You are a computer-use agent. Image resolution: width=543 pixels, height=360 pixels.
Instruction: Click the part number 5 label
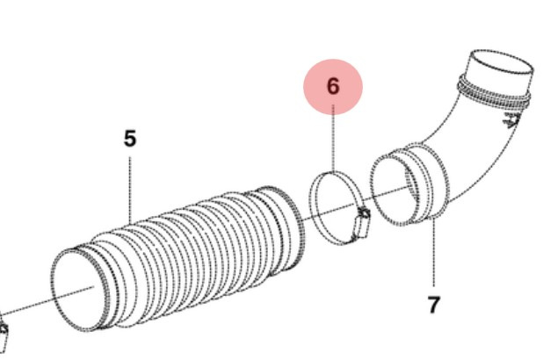click(130, 139)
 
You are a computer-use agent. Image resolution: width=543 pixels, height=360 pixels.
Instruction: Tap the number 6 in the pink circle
click(332, 86)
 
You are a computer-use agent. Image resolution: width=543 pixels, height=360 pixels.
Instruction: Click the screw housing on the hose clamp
click(358, 223)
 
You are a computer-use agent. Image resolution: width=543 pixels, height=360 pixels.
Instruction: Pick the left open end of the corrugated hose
click(80, 286)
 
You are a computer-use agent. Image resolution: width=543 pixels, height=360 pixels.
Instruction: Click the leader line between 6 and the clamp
click(333, 140)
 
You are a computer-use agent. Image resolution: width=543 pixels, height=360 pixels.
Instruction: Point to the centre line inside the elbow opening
click(400, 188)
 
